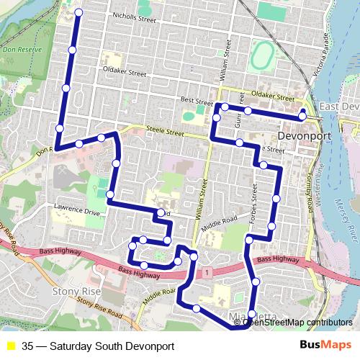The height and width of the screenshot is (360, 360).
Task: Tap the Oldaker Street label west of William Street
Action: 125,73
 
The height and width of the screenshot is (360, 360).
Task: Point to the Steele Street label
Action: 166,132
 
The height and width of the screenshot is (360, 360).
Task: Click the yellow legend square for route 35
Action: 11,345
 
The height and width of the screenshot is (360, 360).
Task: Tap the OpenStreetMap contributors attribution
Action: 297,322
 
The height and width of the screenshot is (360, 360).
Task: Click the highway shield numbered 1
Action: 207,272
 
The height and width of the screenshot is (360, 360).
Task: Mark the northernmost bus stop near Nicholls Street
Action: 78,13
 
